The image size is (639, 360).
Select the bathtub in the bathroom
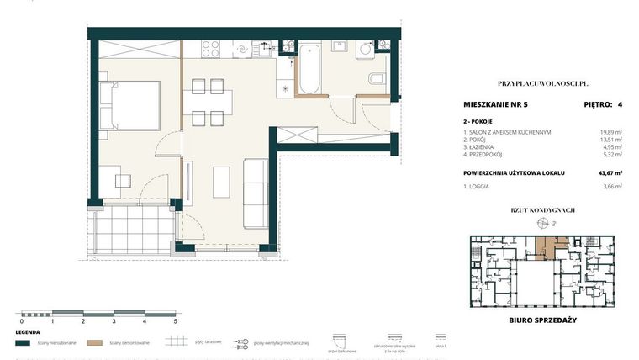[309, 67]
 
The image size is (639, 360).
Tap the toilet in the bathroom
[374, 80]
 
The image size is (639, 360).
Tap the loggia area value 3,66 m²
[609, 187]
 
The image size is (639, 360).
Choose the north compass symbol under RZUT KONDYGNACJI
[542, 224]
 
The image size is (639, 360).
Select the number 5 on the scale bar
[176, 321]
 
